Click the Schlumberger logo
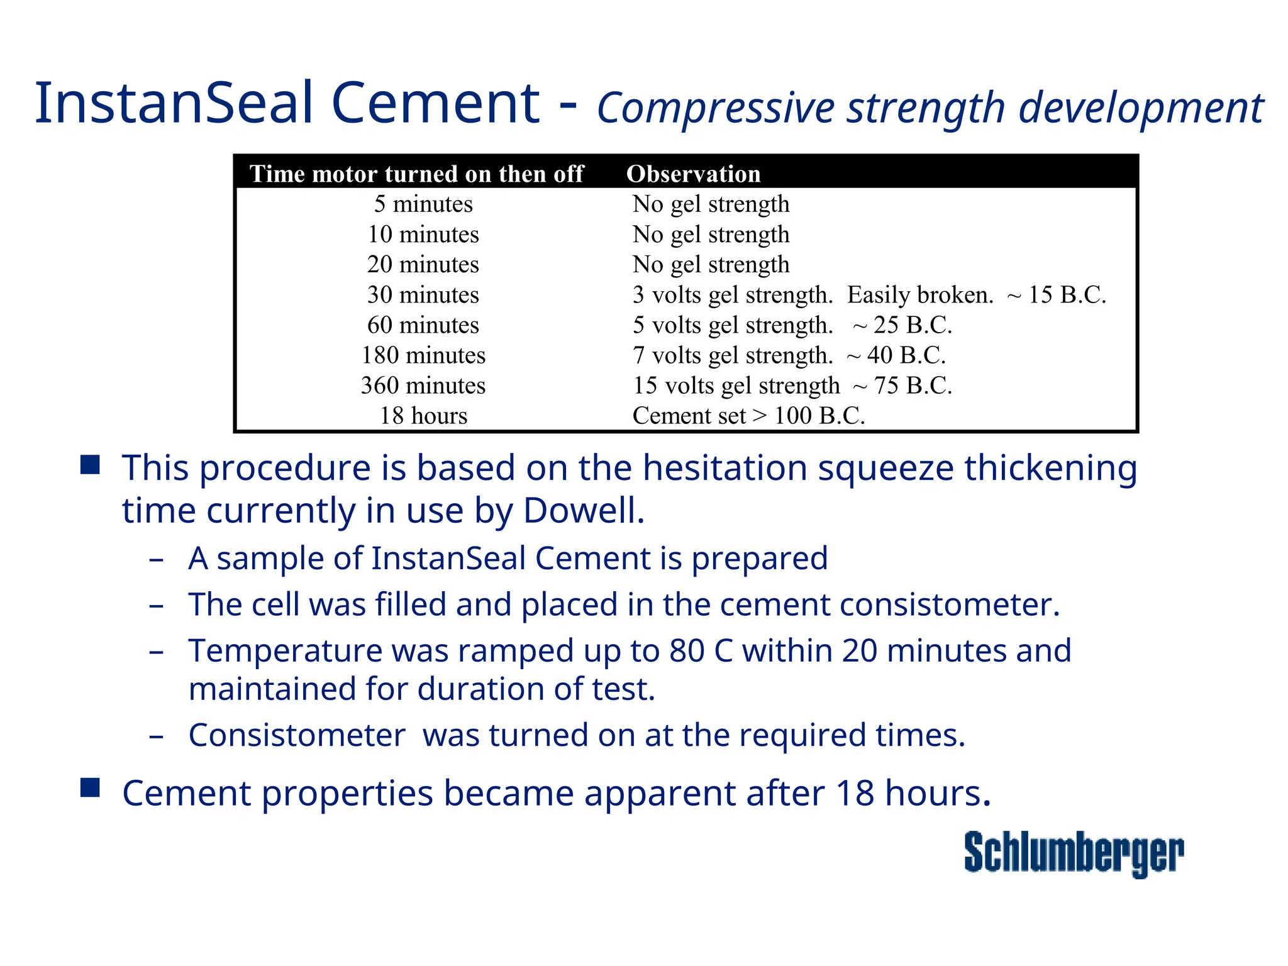point(1074,853)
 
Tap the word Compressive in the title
point(715,108)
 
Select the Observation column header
point(693,174)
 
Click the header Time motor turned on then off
point(416,174)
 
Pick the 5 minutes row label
point(423,204)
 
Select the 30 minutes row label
point(423,294)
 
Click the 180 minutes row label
point(423,355)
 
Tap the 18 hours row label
point(423,415)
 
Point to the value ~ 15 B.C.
point(1056,294)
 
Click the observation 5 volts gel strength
point(733,325)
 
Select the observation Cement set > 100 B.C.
point(748,415)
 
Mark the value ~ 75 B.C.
point(902,385)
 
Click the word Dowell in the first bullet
point(584,510)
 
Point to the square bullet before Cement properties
point(90,787)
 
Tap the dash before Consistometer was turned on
point(157,736)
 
